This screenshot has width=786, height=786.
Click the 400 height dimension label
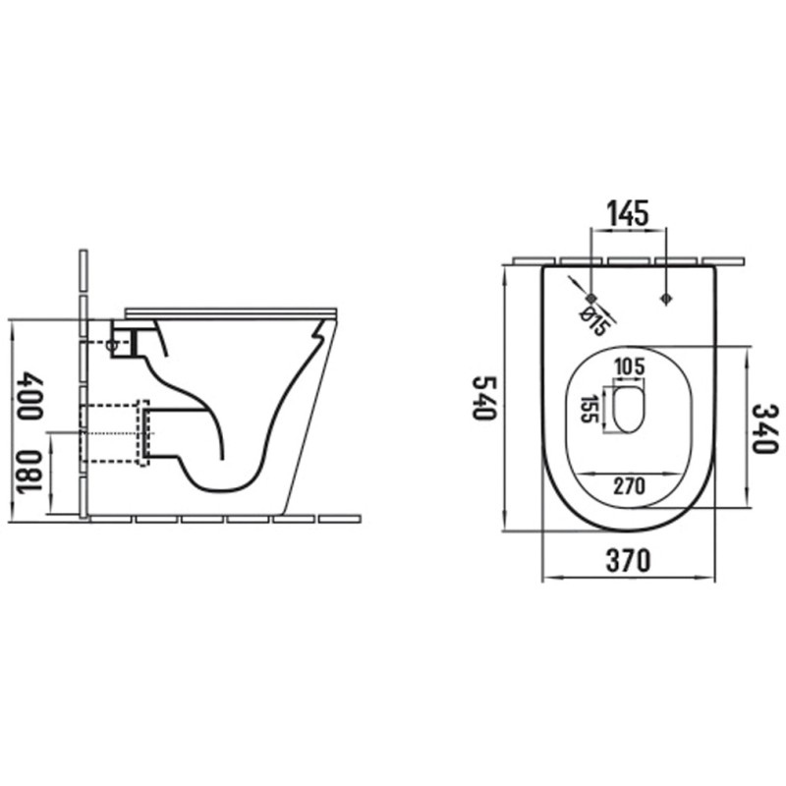point(29,396)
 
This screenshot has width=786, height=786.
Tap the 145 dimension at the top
point(627,212)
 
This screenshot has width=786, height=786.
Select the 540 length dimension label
point(482,397)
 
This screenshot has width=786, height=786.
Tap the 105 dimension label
point(629,367)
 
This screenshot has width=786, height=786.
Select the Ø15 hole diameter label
point(592,319)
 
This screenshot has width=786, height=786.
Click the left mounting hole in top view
point(591,297)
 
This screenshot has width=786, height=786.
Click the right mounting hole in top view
point(666,297)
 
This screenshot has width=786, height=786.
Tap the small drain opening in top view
point(629,409)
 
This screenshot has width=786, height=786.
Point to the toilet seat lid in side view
point(231,311)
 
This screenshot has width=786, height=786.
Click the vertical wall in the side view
point(84,383)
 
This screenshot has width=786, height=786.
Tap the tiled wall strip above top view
point(629,261)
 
